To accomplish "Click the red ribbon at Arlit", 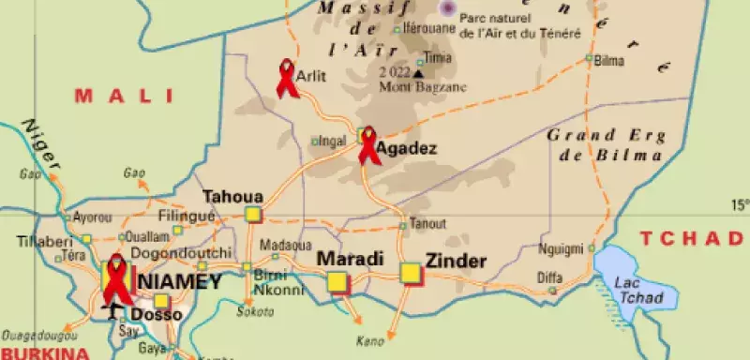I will [x=287, y=78].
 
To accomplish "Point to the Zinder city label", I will [x=457, y=262].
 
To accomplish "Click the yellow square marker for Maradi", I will [x=337, y=280].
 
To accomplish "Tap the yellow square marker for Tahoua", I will [x=253, y=215].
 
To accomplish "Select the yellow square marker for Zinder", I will [x=411, y=273].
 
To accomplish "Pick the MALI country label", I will [x=126, y=95].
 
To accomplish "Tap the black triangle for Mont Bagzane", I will [x=418, y=73].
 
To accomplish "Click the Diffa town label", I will [x=549, y=277].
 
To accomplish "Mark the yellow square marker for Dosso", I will [x=162, y=301].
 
